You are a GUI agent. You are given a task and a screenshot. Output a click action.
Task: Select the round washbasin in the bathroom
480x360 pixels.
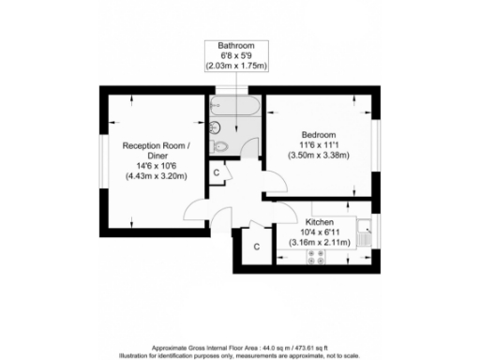point(215,127)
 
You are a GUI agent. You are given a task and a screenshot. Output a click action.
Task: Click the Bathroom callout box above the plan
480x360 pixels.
point(235,56)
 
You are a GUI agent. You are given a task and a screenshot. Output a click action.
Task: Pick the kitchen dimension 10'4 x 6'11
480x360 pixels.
point(320,232)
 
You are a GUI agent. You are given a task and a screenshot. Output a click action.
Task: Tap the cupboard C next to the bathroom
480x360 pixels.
point(217,172)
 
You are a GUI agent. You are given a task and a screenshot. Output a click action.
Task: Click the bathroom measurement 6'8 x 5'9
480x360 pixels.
point(235,55)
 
